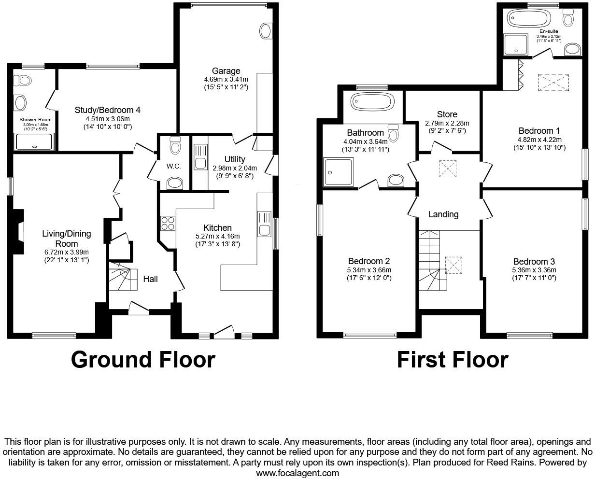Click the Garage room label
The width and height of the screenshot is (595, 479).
coord(226,71)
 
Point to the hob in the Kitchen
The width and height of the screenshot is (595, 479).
coord(168,224)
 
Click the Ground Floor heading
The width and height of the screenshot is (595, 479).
coord(143,360)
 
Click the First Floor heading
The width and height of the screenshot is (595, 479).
coord(453,360)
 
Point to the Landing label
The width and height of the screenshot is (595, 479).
coord(443,214)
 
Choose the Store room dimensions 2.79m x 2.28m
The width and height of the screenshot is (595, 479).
coord(447,123)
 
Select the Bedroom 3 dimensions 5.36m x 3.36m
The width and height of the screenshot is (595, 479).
coord(534,270)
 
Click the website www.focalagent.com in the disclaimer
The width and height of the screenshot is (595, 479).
coord(297,473)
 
